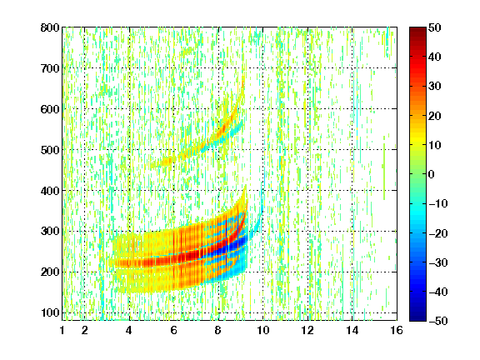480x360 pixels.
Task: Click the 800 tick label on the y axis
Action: click(50, 27)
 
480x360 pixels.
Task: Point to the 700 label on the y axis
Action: click(50, 68)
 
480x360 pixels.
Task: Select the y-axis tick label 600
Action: click(50, 109)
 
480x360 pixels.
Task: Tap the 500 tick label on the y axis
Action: click(50, 150)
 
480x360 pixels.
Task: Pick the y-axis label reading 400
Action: click(50, 191)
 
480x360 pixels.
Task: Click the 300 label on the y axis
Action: click(50, 232)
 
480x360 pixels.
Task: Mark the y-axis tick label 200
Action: click(50, 272)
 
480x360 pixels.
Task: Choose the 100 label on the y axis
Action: click(50, 312)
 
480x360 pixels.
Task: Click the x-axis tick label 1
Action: click(62, 330)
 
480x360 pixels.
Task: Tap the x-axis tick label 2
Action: click(85, 330)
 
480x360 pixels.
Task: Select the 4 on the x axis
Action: click(129, 330)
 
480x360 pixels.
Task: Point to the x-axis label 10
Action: click(263, 330)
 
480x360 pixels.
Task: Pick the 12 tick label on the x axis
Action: click(307, 330)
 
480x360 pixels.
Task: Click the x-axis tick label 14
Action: click(352, 330)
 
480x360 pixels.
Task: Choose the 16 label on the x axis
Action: click(397, 330)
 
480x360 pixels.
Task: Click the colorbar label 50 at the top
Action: click(435, 27)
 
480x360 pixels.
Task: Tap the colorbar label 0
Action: click(432, 174)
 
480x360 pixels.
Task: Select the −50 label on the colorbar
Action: click(438, 321)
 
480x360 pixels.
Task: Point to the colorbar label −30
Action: click(438, 262)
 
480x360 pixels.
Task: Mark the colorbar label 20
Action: click(435, 116)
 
